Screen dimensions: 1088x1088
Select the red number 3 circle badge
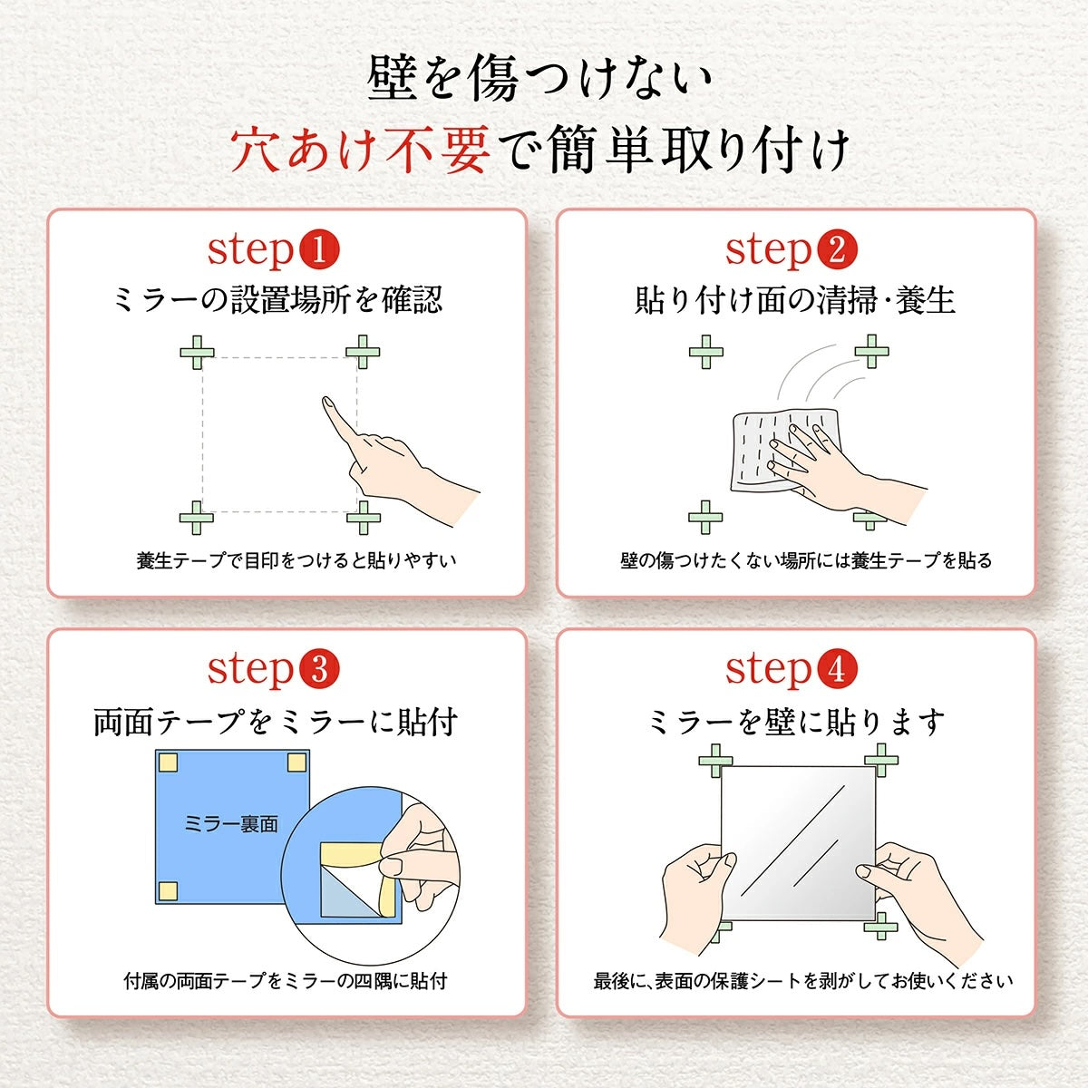click(x=318, y=670)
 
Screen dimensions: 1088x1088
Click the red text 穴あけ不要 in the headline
click(x=360, y=150)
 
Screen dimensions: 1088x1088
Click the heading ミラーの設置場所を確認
click(x=277, y=300)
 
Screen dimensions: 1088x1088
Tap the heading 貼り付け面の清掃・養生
click(x=795, y=300)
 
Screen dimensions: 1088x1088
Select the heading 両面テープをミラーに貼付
click(x=276, y=723)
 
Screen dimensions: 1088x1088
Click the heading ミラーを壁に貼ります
click(x=796, y=723)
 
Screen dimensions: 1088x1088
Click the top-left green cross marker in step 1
click(x=197, y=352)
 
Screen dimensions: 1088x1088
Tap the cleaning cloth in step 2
click(x=784, y=449)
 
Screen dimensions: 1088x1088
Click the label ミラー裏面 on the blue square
click(x=230, y=824)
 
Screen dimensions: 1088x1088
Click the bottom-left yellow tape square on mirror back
click(x=168, y=890)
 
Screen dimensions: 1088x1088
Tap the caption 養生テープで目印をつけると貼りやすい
click(x=296, y=560)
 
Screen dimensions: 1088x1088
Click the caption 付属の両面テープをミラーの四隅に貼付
click(x=286, y=981)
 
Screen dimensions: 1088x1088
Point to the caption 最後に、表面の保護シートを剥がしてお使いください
click(x=803, y=981)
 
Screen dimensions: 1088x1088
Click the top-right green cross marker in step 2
click(x=871, y=351)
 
